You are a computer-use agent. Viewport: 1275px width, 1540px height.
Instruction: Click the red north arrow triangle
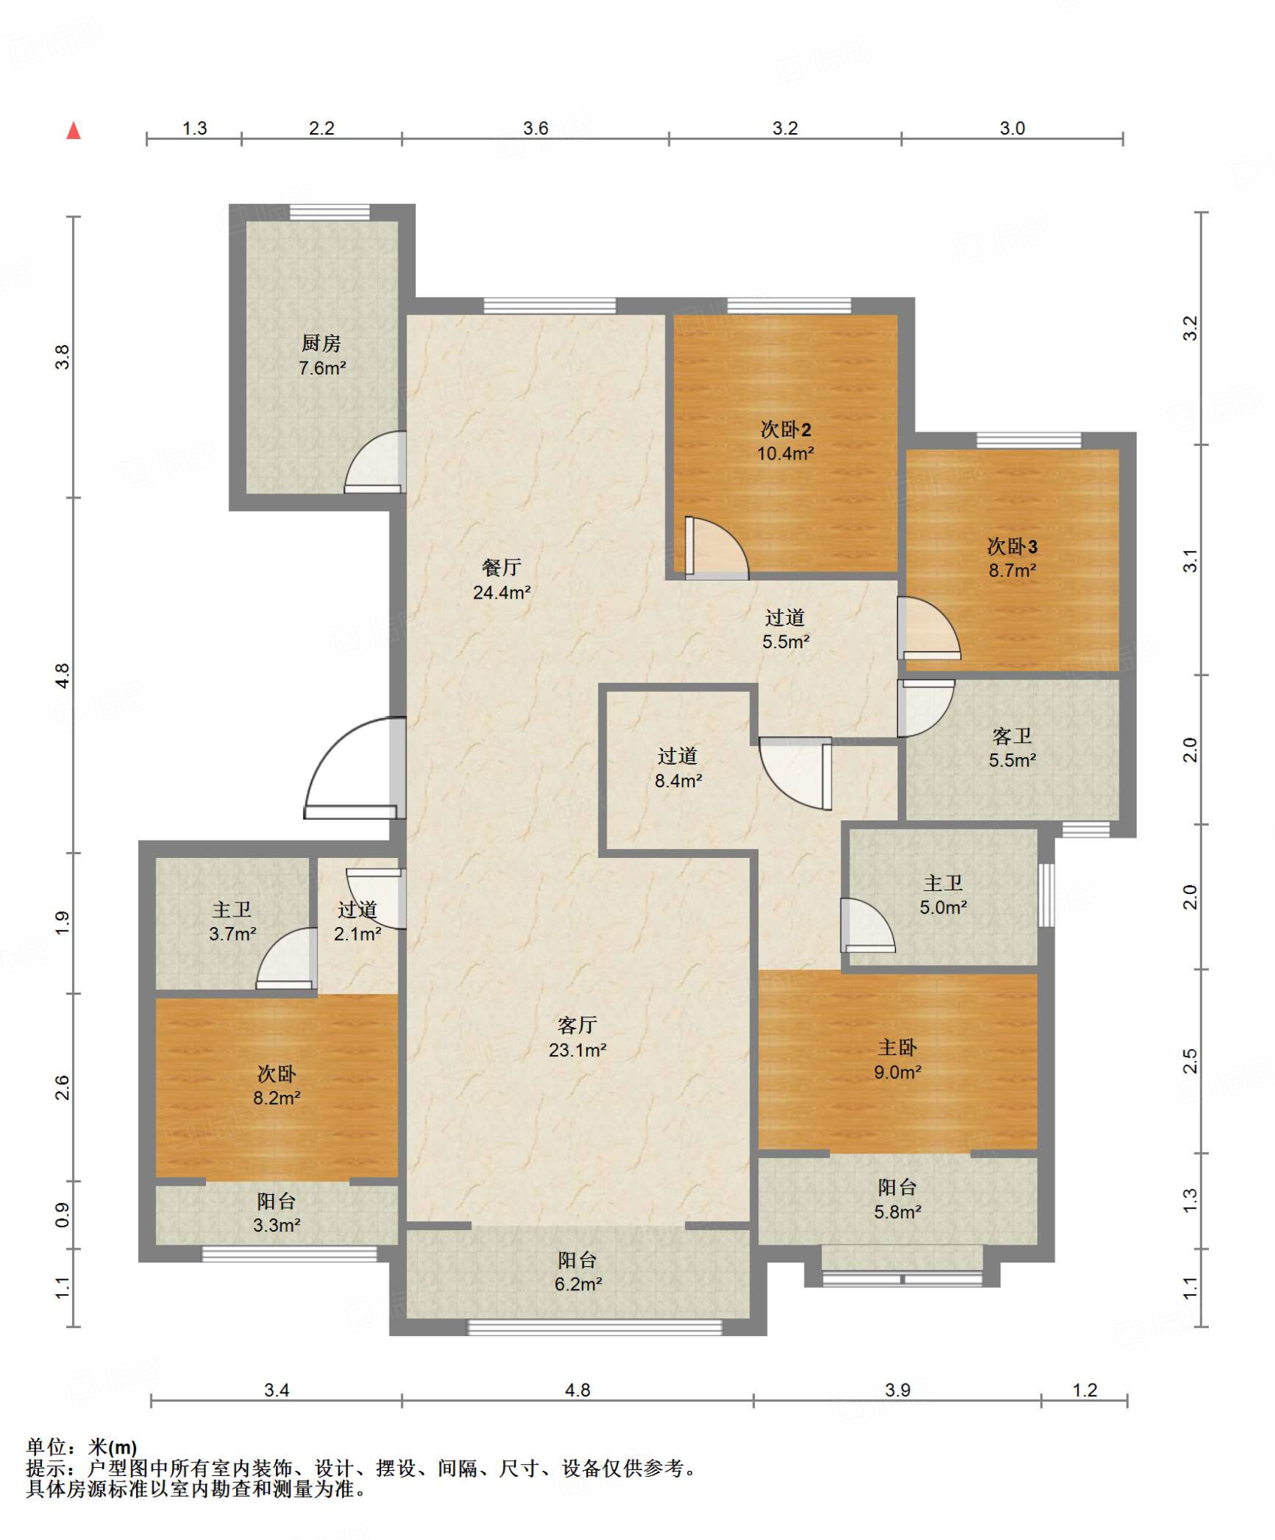coord(74,131)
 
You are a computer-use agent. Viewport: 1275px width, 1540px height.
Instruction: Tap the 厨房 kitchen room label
coord(322,344)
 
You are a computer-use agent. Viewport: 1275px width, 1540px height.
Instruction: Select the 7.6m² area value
coord(322,368)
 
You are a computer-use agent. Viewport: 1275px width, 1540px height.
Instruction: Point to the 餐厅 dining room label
coord(501,568)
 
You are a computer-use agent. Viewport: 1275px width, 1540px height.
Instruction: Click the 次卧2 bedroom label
coord(786,429)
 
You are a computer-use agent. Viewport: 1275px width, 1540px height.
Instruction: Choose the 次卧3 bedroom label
coord(1012,546)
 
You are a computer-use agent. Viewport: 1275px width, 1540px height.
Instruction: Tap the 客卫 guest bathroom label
coord(1012,736)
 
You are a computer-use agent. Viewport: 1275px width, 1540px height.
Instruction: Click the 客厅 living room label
coord(577,1025)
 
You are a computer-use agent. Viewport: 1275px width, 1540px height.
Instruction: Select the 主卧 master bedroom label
coord(898,1047)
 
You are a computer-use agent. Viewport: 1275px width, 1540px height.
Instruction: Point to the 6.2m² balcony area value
coord(577,1284)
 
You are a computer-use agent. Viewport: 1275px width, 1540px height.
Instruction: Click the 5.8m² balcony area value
coord(898,1211)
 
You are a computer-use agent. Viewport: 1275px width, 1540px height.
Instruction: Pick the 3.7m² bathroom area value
coord(232,934)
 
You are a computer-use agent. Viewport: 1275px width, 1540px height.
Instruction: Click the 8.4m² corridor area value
coord(678,781)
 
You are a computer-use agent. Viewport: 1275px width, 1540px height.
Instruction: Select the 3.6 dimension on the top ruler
coord(535,129)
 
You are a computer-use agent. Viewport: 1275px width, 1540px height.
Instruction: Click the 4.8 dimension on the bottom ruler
coord(577,1390)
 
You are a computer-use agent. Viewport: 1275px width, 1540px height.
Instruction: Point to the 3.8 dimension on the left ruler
coord(62,356)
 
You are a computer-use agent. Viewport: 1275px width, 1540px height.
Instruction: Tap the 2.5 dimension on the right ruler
coord(1190,1061)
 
